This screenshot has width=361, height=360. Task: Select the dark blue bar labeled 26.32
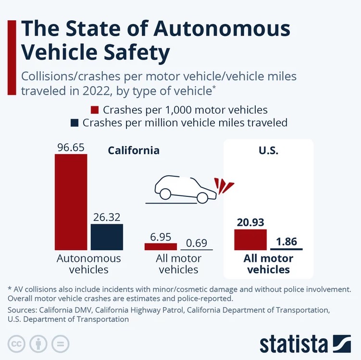107,237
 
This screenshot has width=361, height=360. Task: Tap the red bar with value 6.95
161,246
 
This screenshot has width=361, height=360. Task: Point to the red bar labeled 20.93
250,240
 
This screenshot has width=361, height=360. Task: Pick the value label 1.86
287,241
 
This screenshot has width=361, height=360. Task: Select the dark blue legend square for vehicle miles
74,123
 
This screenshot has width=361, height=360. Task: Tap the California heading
133,150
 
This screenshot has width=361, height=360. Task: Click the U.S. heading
269,150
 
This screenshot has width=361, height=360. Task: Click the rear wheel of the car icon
165,193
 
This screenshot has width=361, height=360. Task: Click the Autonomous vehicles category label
88,264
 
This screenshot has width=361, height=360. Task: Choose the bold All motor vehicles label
268,264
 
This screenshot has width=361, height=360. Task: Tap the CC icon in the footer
16,344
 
